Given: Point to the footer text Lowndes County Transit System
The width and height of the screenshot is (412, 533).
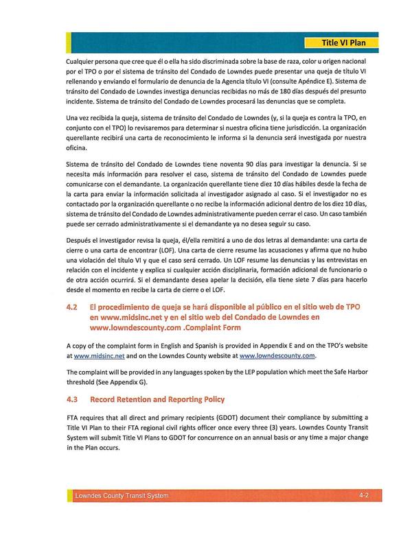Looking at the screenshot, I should point(122,495).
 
